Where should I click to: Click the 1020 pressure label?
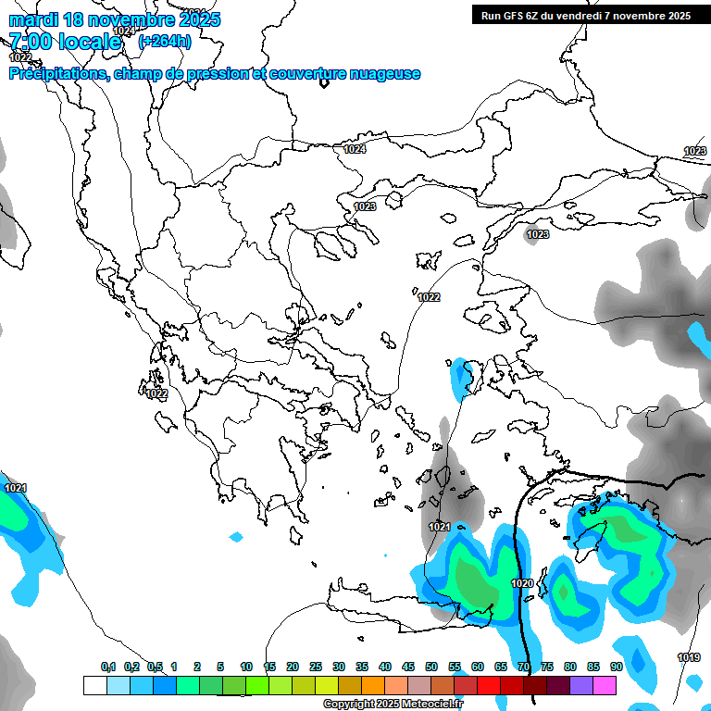[521, 583]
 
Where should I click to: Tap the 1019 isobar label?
[688, 658]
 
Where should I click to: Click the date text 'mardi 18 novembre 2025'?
[115, 19]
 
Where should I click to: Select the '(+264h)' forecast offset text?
[165, 41]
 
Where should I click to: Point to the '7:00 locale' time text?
[65, 42]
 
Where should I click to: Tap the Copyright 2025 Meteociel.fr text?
[393, 705]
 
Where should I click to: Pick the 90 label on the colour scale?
[616, 667]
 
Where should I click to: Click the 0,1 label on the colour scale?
[107, 667]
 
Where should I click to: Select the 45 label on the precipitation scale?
[407, 667]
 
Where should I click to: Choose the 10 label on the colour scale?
[246, 667]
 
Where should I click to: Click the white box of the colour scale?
[94, 685]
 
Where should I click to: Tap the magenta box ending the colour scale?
[605, 685]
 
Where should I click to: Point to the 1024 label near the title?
[123, 31]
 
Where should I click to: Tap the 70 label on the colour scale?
[523, 667]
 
